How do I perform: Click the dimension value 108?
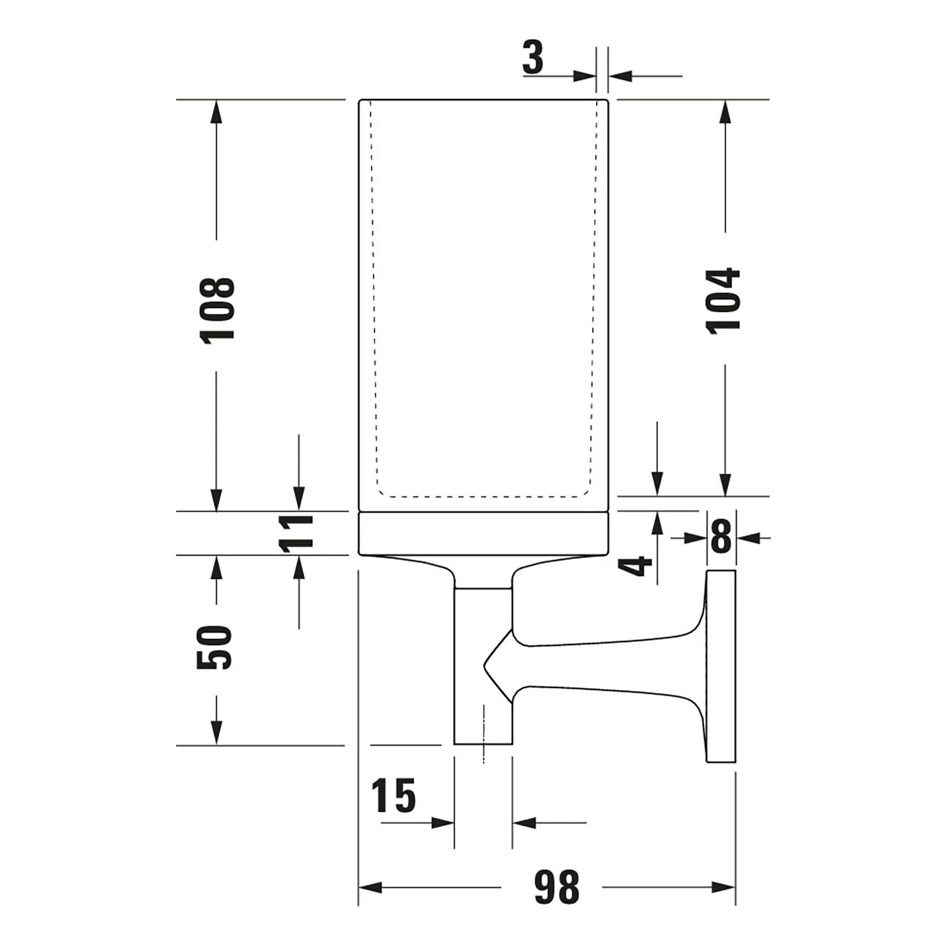[x=217, y=310]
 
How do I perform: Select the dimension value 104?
[x=724, y=300]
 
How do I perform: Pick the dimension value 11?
[x=297, y=533]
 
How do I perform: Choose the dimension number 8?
[x=720, y=537]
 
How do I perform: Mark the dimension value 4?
[x=635, y=565]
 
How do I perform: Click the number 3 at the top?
[x=533, y=57]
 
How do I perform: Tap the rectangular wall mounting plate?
[x=721, y=666]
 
